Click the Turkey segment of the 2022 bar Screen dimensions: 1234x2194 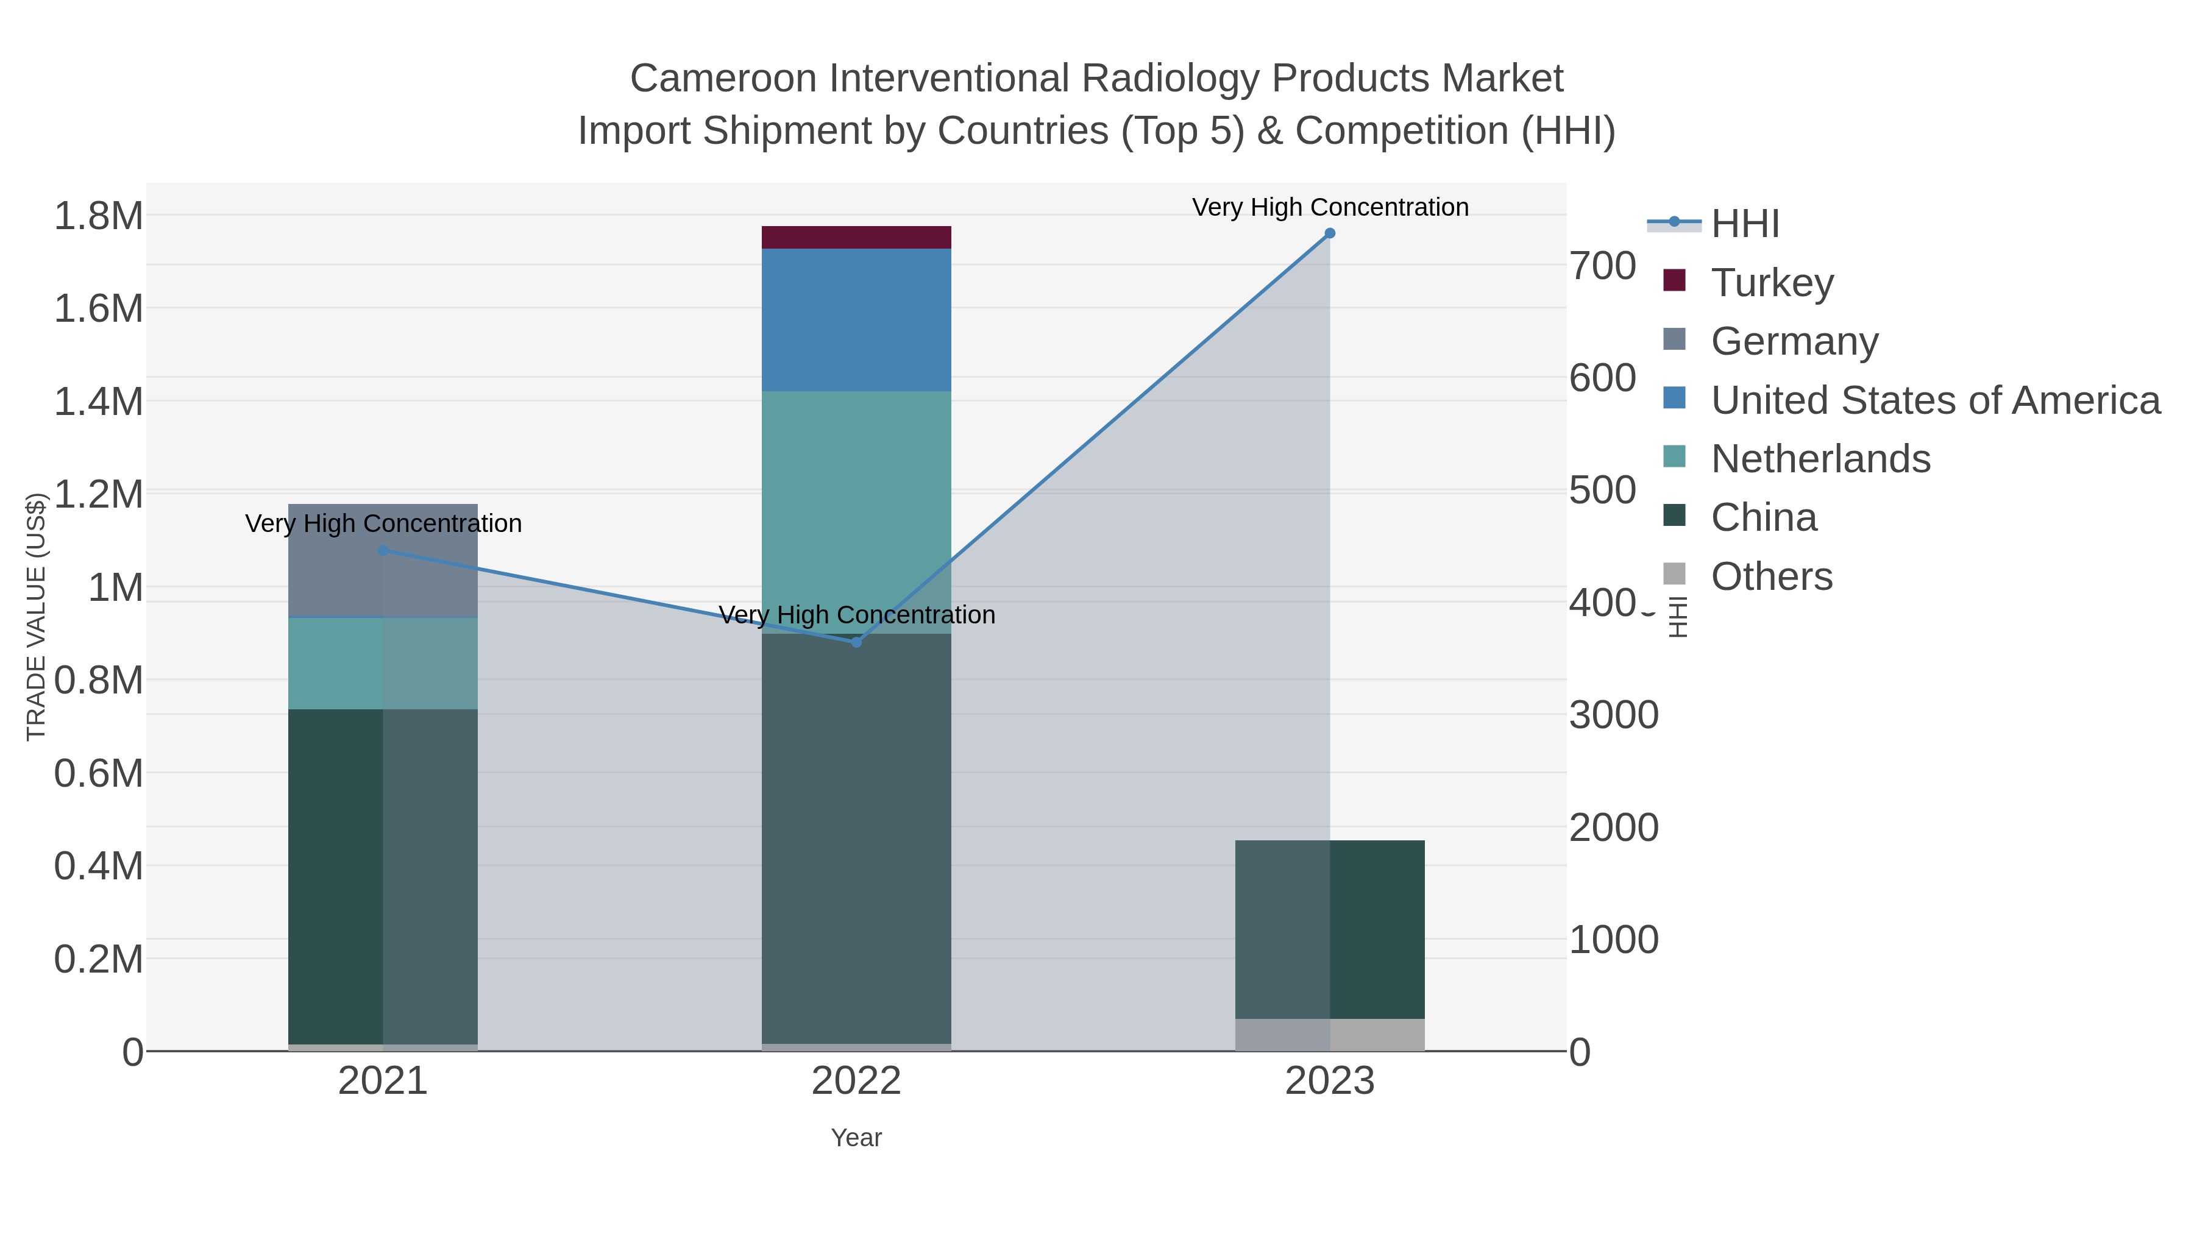[x=856, y=238]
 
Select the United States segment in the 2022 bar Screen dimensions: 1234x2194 [x=856, y=320]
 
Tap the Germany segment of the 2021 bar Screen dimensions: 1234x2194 [x=382, y=561]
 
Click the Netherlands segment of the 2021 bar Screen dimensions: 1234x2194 [x=382, y=664]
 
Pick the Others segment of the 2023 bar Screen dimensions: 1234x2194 [x=1330, y=1035]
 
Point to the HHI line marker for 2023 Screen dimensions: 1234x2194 [x=1330, y=233]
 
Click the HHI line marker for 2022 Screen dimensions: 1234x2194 [x=856, y=642]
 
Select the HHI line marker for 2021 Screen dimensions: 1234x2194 [x=382, y=551]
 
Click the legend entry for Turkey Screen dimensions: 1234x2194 [x=1772, y=282]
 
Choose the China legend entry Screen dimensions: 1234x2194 [x=1763, y=518]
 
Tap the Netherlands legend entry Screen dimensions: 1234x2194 [x=1820, y=459]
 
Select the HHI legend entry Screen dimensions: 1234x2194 [x=1744, y=223]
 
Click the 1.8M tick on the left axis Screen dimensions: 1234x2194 [x=98, y=216]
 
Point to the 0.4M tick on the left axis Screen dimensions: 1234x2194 [x=98, y=866]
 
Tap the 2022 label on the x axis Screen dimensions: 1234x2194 [x=856, y=1082]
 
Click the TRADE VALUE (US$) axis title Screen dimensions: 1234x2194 [x=36, y=617]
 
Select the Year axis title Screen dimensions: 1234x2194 [x=856, y=1138]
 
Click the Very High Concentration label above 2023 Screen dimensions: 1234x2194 [x=1330, y=207]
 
